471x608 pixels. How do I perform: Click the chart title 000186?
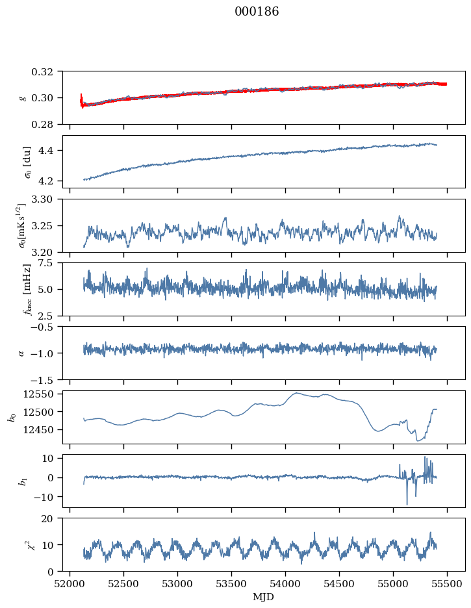point(257,11)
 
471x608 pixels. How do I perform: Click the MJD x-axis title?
point(264,597)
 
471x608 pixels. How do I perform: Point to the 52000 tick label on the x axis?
point(70,584)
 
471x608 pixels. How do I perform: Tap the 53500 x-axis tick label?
point(231,584)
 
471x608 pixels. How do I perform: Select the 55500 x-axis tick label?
point(447,584)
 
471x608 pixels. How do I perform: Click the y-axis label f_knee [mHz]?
point(27,289)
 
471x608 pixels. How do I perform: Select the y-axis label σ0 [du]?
point(27,162)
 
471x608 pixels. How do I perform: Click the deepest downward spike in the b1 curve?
point(407,504)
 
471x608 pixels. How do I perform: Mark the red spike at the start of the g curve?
point(81,100)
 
